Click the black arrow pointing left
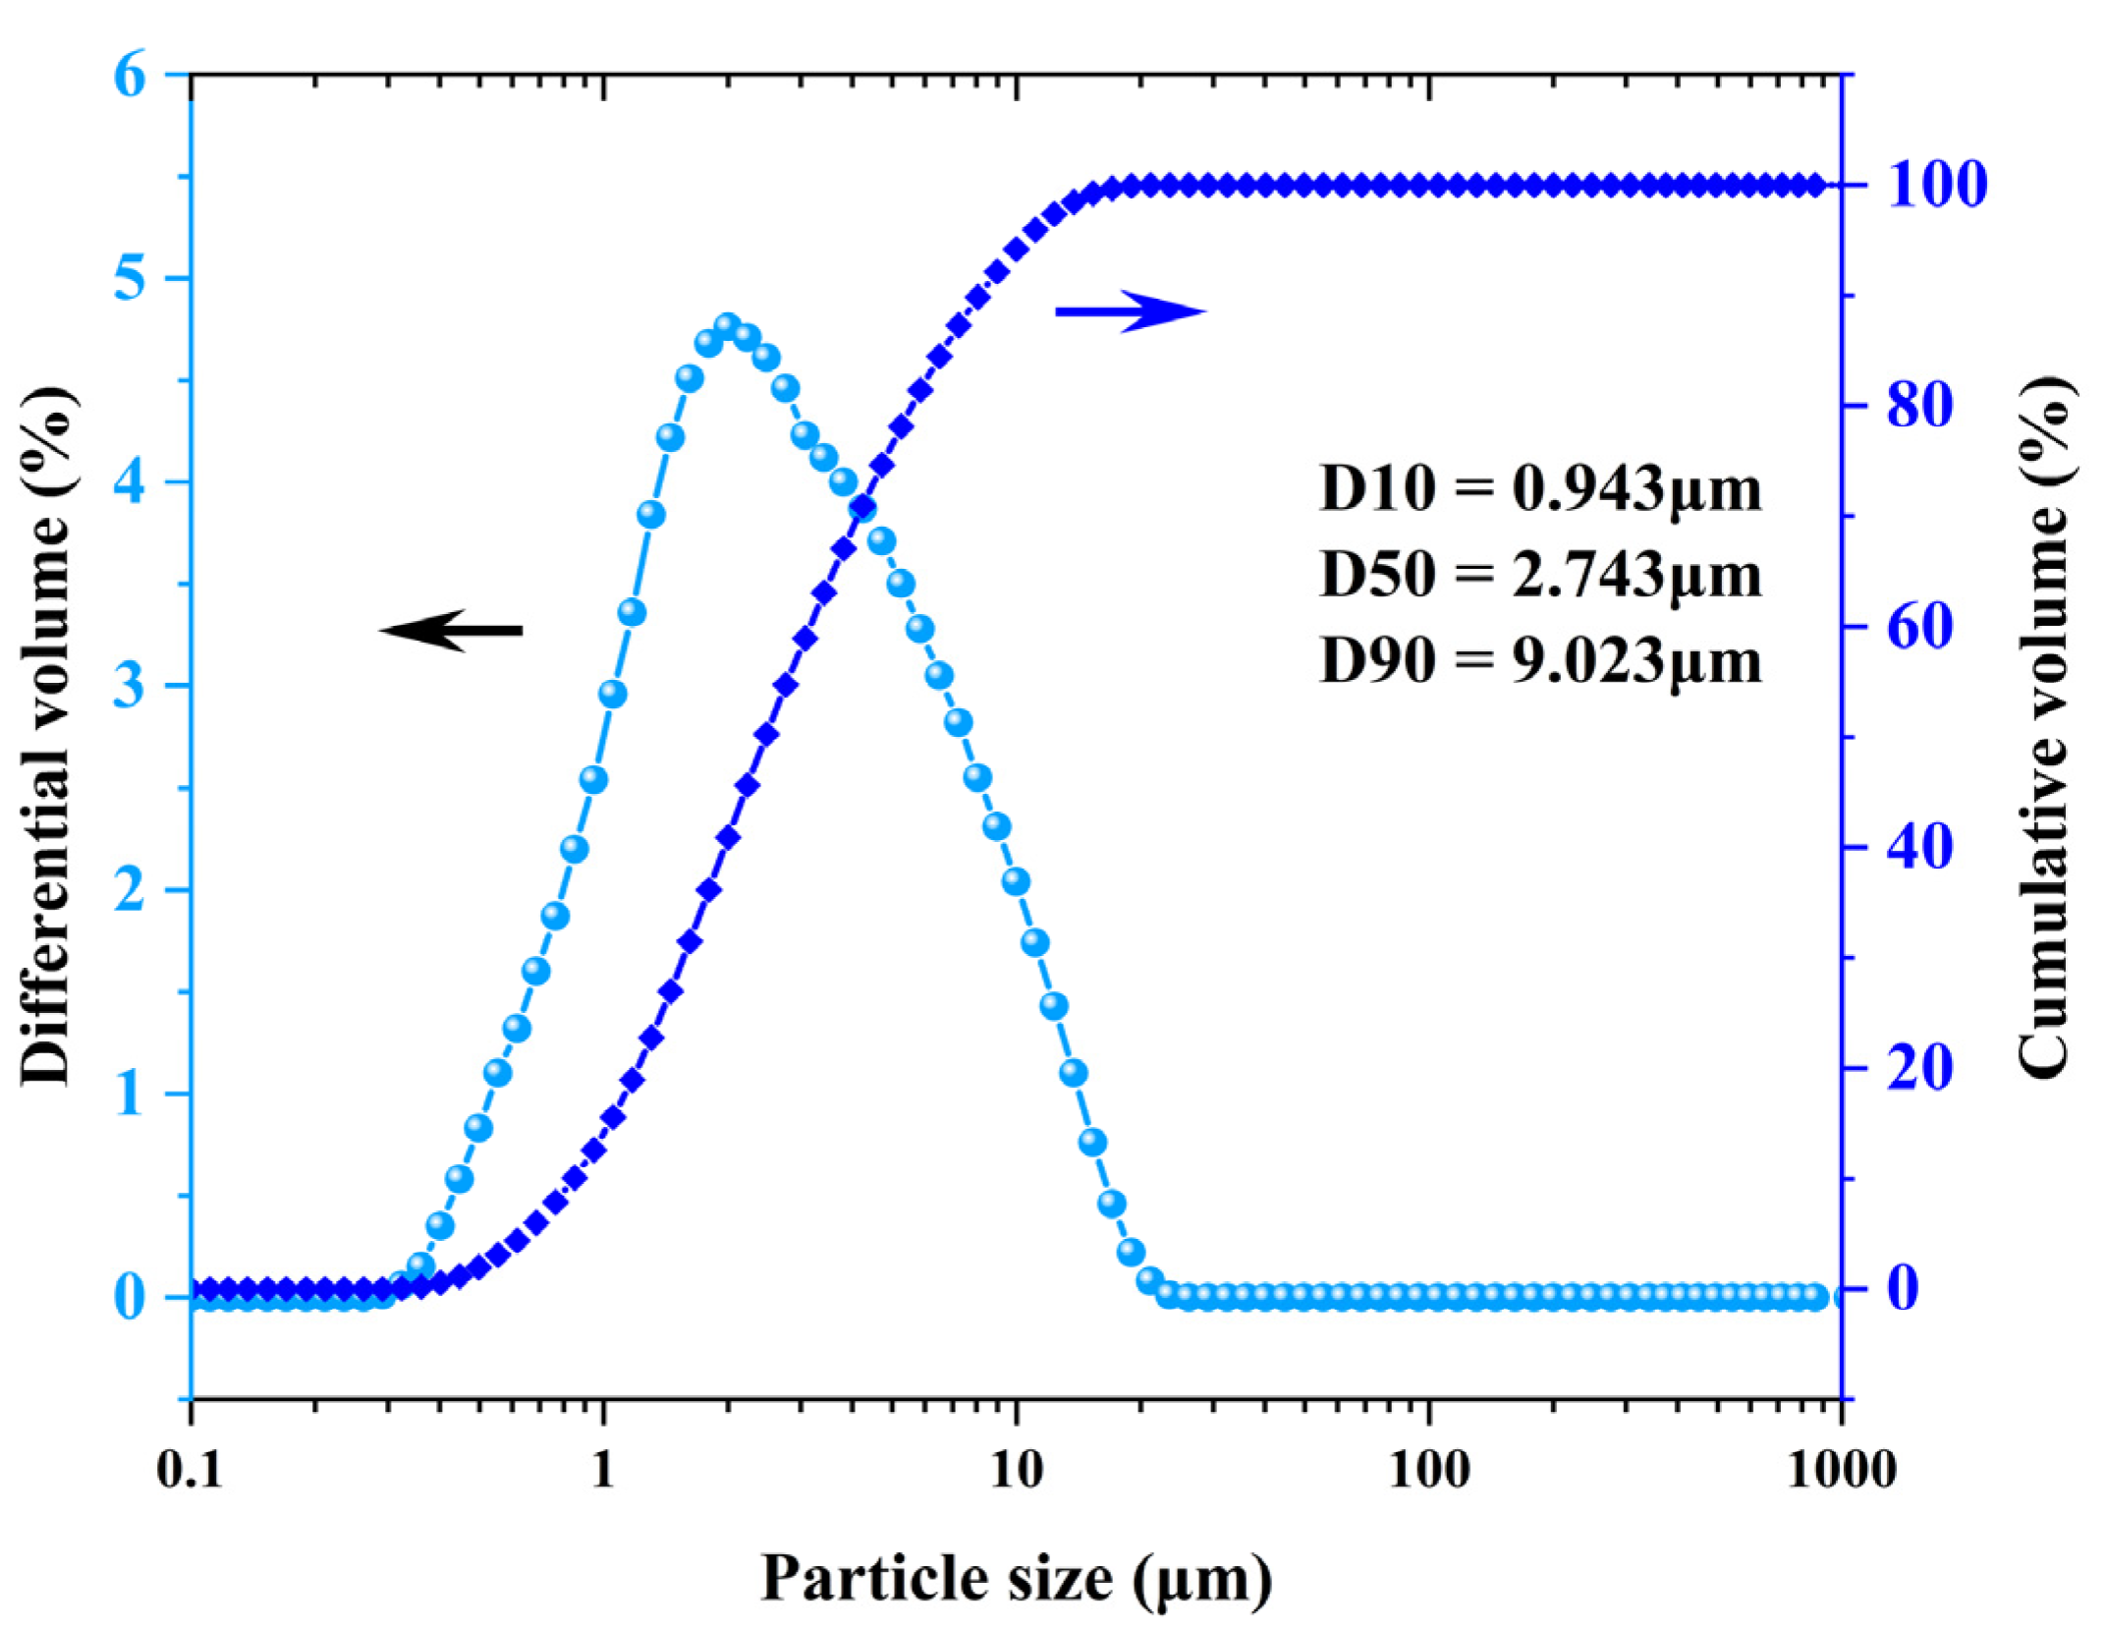(451, 630)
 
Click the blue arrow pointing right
(1130, 311)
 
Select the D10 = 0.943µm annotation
(1539, 487)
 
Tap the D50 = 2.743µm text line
(1539, 574)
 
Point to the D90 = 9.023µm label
(1539, 660)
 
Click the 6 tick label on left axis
(130, 75)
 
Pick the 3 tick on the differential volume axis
(130, 686)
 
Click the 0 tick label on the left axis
(130, 1298)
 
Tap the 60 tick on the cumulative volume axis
(1919, 627)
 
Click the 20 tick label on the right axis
(1919, 1068)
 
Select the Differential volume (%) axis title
(45, 735)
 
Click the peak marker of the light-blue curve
(728, 327)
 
